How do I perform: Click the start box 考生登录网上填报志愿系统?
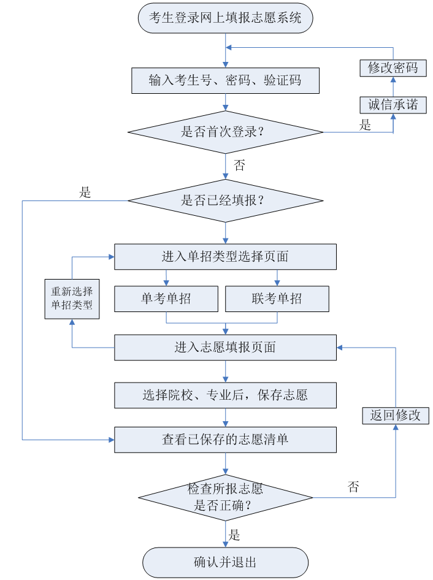tap(225, 18)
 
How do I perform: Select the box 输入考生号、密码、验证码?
tap(225, 80)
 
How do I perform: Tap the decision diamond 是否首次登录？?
tap(225, 132)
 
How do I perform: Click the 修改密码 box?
tap(393, 68)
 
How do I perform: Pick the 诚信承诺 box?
tap(393, 104)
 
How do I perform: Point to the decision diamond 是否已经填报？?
tap(225, 200)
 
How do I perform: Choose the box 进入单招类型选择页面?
tap(225, 257)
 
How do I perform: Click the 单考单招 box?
tap(166, 299)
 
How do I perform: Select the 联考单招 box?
tap(277, 299)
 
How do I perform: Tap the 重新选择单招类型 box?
tap(72, 299)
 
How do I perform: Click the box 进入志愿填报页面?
tap(225, 348)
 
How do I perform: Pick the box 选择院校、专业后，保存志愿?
tap(225, 395)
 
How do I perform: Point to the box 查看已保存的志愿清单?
tap(225, 440)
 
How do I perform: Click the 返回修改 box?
tap(395, 415)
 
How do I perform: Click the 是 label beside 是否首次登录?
tap(366, 126)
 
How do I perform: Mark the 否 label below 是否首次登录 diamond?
tap(240, 165)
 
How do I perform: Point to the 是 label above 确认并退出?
tap(234, 534)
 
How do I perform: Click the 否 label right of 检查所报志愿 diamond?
tap(353, 487)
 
